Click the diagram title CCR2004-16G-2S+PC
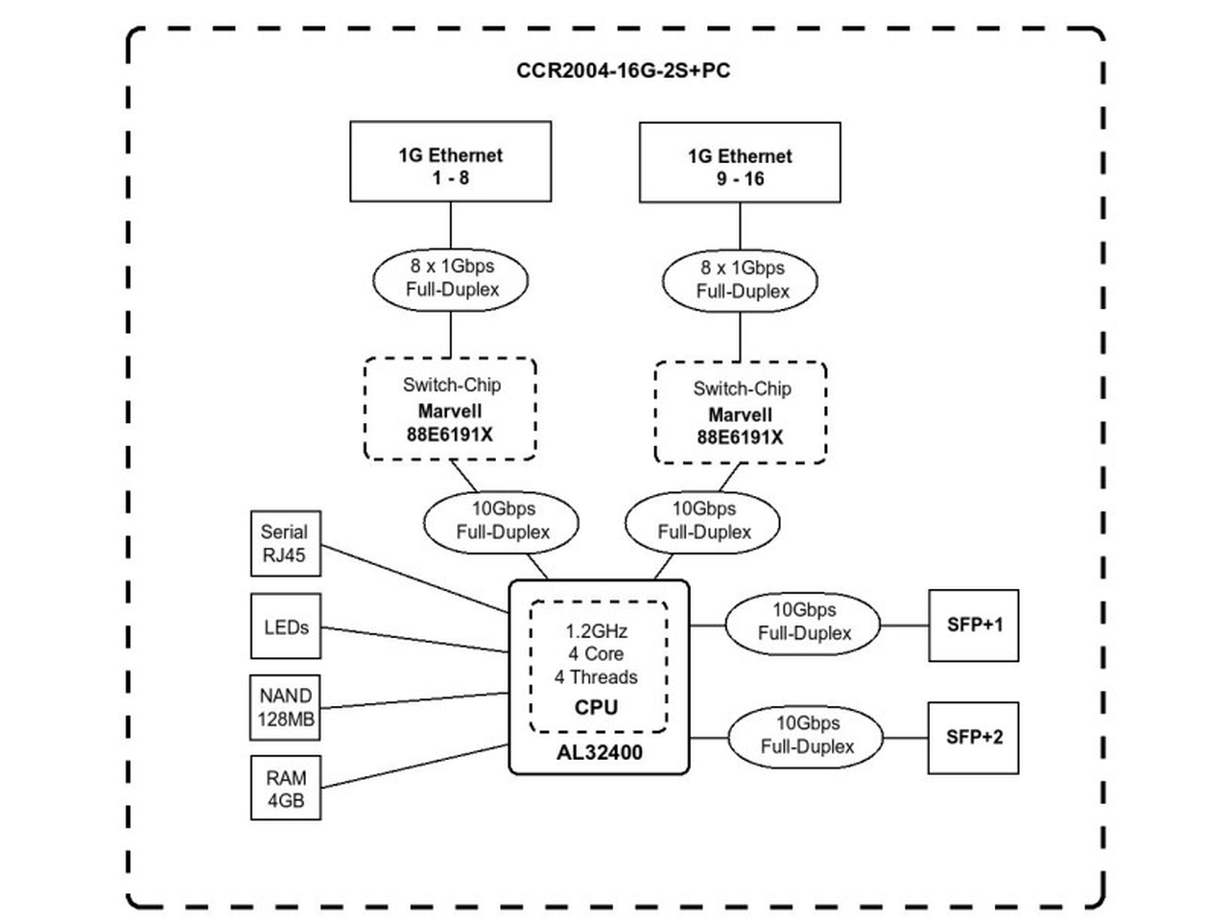click(x=623, y=70)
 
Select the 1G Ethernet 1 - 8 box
click(x=450, y=161)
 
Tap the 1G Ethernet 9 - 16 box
click(x=740, y=162)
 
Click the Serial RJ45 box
click(x=285, y=543)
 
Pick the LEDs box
click(x=285, y=626)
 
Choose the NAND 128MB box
click(x=285, y=707)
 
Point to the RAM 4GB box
click(x=285, y=788)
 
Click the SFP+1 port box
click(x=974, y=626)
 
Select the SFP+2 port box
click(x=973, y=738)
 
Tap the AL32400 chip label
click(x=600, y=753)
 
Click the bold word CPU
click(x=597, y=707)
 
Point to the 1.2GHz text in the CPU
click(x=597, y=631)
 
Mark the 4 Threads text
click(x=596, y=677)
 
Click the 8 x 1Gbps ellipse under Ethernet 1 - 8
click(x=450, y=279)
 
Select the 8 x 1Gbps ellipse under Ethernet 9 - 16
click(x=740, y=281)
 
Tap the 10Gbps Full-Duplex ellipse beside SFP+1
click(x=803, y=624)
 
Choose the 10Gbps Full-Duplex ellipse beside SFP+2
click(x=806, y=737)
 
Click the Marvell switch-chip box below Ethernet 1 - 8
click(x=450, y=409)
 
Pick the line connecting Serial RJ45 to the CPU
click(x=415, y=579)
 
